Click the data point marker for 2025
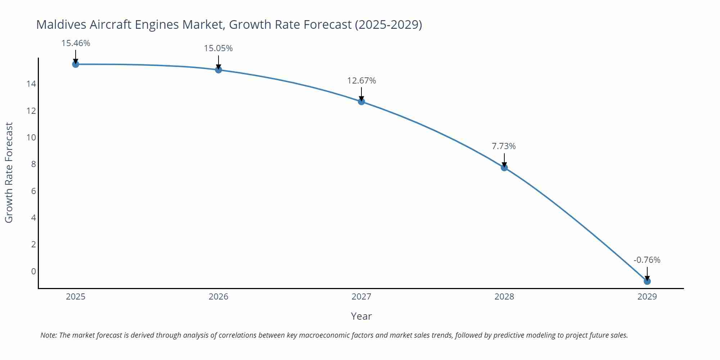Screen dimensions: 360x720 [76, 64]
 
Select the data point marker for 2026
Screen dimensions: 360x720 [219, 70]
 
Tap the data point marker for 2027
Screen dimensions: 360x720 [361, 102]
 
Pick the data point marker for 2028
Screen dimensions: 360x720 [504, 167]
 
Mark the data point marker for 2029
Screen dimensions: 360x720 [647, 281]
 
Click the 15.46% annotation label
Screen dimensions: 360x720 [76, 43]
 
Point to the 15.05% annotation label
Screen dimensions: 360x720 [219, 48]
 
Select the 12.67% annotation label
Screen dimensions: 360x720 [361, 81]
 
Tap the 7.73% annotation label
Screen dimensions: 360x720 [504, 146]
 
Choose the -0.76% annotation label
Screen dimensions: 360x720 [647, 260]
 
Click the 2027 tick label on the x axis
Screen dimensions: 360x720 [361, 297]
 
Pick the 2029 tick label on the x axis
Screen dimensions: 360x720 [647, 297]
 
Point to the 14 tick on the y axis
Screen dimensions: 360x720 [31, 84]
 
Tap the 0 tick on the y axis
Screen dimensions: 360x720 [33, 271]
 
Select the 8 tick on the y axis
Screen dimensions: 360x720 [33, 164]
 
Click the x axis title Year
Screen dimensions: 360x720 [361, 316]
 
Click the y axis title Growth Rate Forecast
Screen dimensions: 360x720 [9, 172]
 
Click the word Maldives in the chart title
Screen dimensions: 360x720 [61, 24]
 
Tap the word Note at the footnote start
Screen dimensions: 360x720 [48, 335]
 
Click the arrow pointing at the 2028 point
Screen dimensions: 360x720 [504, 160]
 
